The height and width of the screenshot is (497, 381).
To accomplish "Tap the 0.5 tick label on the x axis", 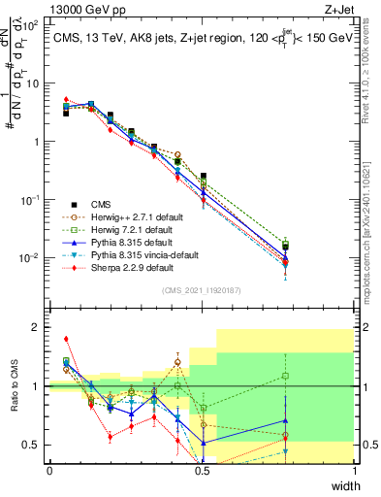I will (x=202, y=470).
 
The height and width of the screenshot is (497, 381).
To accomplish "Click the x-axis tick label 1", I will (x=354, y=470).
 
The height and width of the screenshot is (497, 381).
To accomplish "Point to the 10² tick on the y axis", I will (x=29, y=25).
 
